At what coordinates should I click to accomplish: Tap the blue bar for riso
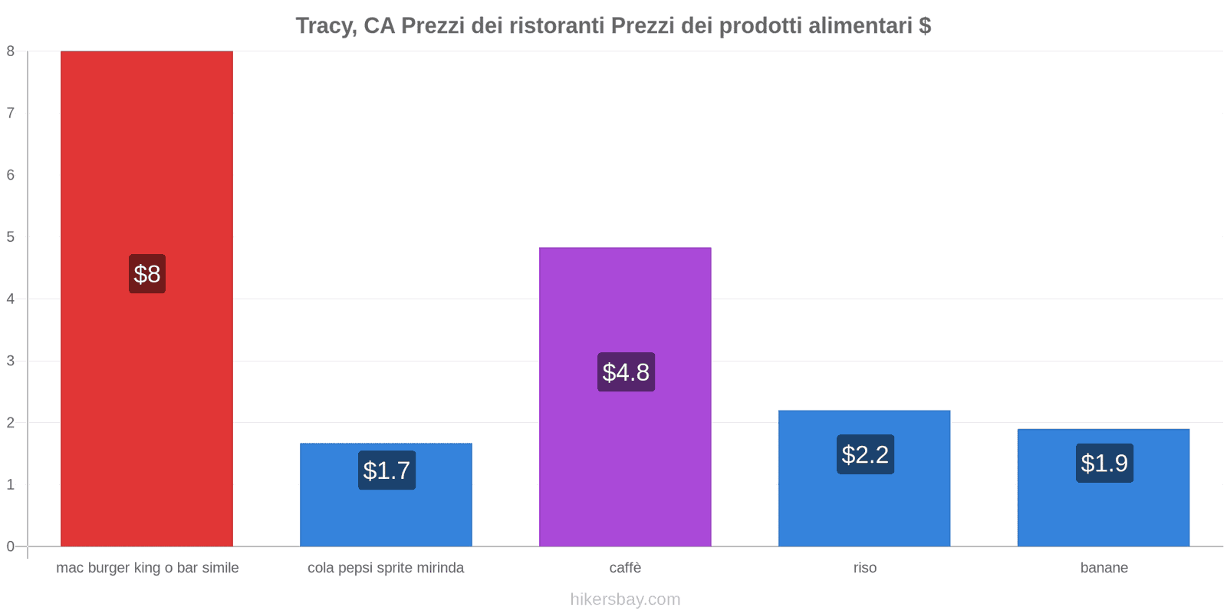tap(864, 507)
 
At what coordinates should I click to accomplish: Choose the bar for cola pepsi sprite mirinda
tap(386, 514)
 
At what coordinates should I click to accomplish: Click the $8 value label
tap(147, 274)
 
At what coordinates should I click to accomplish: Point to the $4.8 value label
tap(626, 372)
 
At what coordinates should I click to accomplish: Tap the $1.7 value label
tap(387, 470)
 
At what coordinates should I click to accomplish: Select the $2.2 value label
tap(865, 454)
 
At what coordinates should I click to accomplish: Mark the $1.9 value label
tap(1104, 463)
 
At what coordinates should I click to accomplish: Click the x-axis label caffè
tap(625, 568)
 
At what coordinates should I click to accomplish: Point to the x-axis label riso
tap(864, 568)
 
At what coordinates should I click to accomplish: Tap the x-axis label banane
tap(1104, 568)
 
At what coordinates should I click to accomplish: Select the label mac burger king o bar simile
tap(147, 568)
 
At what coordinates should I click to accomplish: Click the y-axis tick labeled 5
tap(11, 236)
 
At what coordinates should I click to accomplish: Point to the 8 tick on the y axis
tap(11, 51)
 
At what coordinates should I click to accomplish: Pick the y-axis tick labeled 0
tap(11, 546)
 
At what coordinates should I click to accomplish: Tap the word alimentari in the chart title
tap(864, 26)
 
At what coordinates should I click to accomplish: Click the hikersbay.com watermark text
tap(625, 599)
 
